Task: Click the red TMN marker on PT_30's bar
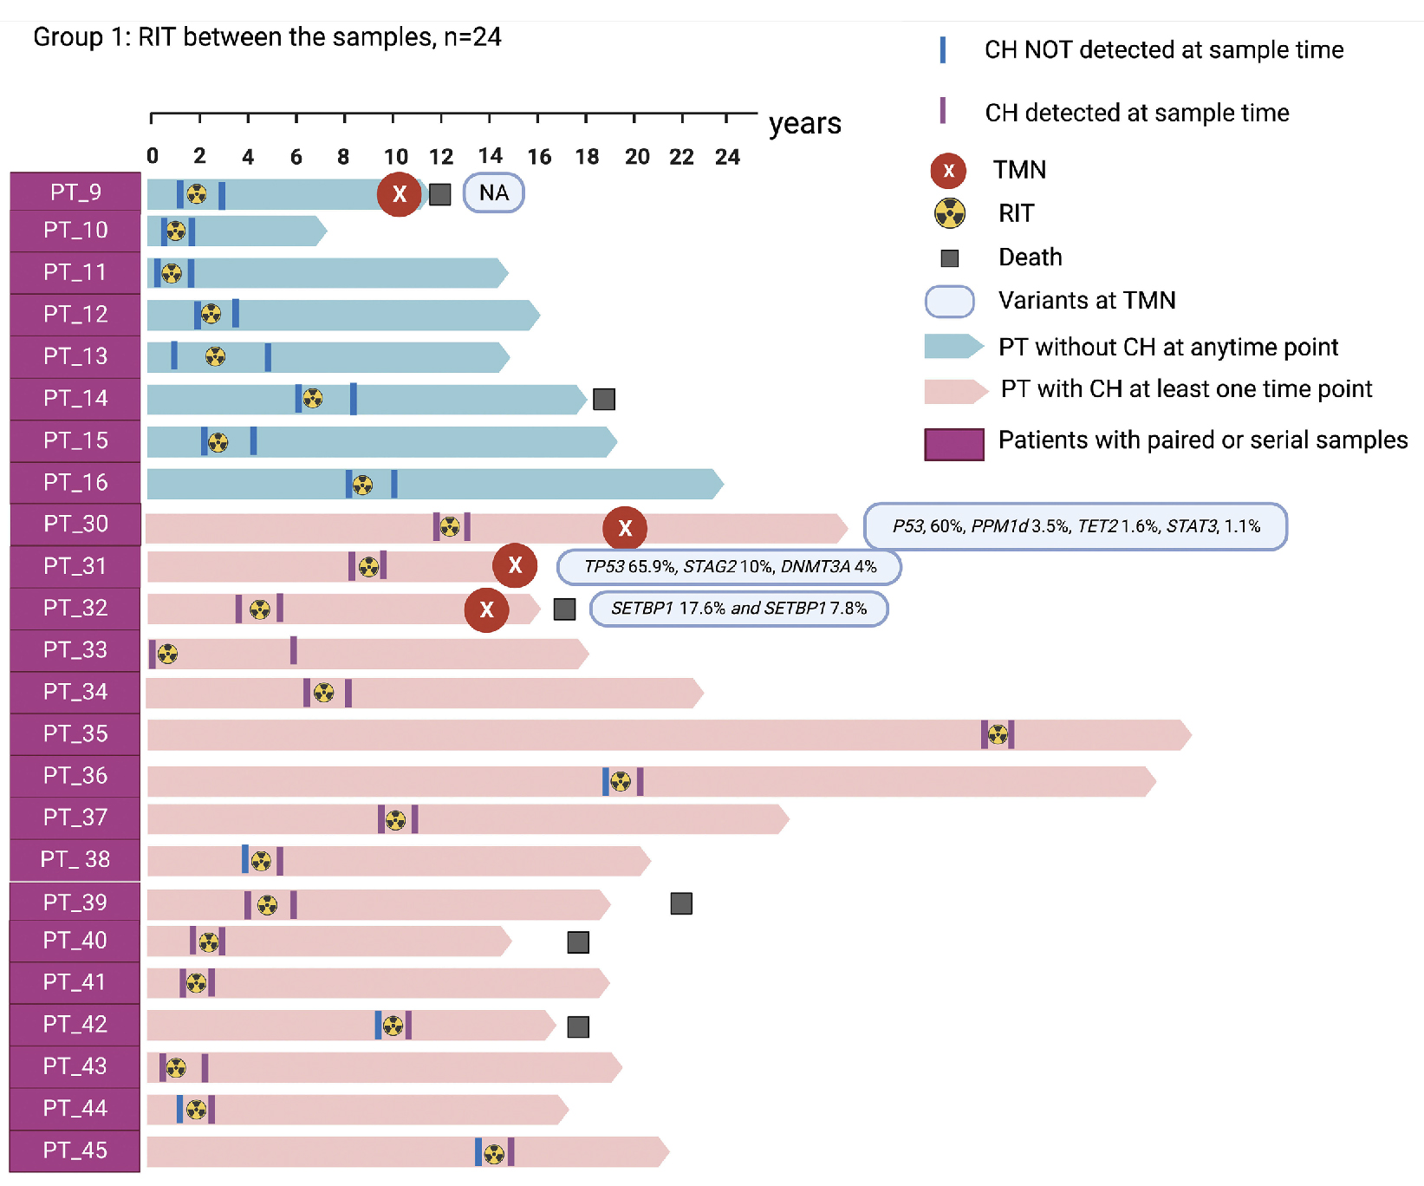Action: pos(625,527)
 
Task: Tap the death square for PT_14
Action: pos(604,399)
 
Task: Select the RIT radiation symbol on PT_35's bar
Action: pos(998,734)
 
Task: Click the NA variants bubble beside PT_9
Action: pos(493,192)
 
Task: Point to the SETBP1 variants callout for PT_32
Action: pos(738,609)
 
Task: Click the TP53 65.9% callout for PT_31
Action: pos(729,567)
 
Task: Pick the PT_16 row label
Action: pos(75,482)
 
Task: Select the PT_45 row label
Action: pos(75,1150)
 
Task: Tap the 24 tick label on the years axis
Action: pos(727,157)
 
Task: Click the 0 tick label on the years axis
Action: pos(153,156)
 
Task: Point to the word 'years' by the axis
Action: pos(804,123)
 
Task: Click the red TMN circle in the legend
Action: pos(948,171)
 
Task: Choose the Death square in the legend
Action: pos(950,257)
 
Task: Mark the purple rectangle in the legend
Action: pos(953,444)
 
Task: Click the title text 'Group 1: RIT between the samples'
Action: pos(267,37)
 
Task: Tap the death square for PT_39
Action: pos(681,903)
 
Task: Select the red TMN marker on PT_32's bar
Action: pos(486,609)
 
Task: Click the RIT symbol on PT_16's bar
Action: pos(362,485)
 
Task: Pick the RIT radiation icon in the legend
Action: pos(950,213)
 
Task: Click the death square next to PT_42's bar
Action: pos(578,1026)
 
